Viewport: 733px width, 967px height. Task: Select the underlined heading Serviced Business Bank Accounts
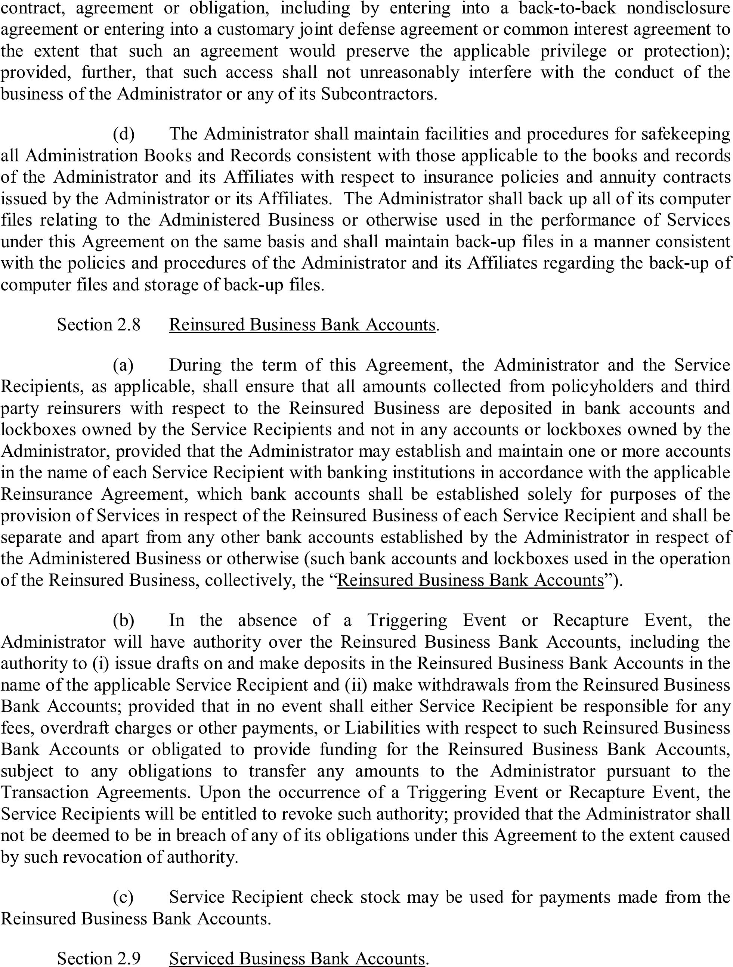[x=297, y=958]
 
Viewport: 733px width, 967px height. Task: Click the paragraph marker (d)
[x=124, y=134]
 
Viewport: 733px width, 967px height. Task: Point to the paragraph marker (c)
[x=124, y=897]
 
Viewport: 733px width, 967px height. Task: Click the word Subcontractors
[x=378, y=94]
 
